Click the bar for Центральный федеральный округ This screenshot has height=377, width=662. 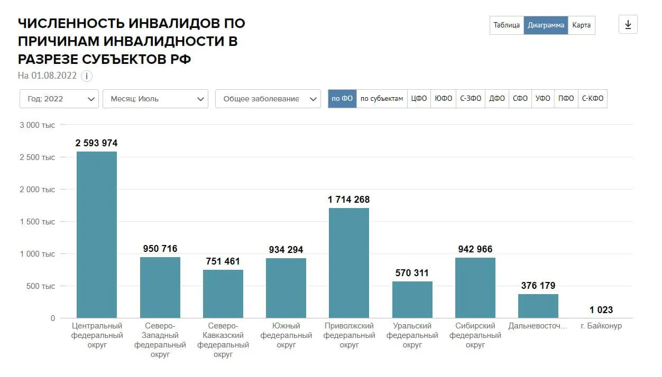click(x=97, y=235)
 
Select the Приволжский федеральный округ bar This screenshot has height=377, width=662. click(x=349, y=263)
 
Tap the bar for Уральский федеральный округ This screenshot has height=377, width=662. click(x=412, y=300)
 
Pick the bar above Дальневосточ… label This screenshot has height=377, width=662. click(x=538, y=306)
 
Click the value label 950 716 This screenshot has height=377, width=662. click(x=160, y=249)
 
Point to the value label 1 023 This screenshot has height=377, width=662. click(x=601, y=310)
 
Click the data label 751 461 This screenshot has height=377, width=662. click(x=223, y=261)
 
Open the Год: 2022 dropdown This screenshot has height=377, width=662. click(x=59, y=99)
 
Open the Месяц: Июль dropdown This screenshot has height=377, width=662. click(x=155, y=99)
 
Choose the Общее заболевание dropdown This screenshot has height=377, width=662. click(x=268, y=99)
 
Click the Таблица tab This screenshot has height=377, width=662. click(x=507, y=25)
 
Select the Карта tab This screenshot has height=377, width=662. click(x=581, y=25)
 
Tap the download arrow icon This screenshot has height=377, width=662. click(x=628, y=25)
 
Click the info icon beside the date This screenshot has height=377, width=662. click(x=87, y=76)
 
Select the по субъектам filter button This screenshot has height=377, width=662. click(x=382, y=99)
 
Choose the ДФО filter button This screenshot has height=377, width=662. click(x=497, y=99)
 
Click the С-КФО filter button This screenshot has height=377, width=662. click(x=593, y=99)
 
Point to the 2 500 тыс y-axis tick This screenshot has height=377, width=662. click(x=38, y=157)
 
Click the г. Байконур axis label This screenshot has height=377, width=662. click(x=601, y=326)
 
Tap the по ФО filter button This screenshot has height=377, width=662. click(x=342, y=99)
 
